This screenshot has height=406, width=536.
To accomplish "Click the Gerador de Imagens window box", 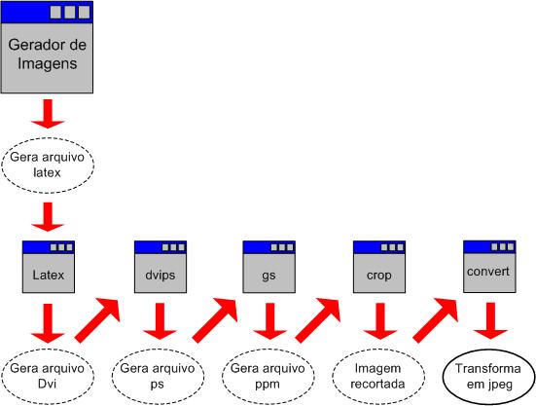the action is click(x=47, y=47).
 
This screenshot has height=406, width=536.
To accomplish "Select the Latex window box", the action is click(x=49, y=267).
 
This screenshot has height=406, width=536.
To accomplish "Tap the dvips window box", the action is click(x=161, y=267).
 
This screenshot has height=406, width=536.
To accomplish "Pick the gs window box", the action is click(x=269, y=267).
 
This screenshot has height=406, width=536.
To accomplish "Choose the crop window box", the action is click(x=379, y=267).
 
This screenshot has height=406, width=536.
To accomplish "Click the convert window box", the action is click(x=489, y=267).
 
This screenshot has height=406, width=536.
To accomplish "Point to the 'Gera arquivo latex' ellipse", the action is click(x=48, y=166).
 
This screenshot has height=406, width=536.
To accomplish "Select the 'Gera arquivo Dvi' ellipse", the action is click(x=48, y=377).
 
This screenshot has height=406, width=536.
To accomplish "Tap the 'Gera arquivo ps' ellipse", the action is click(x=158, y=377).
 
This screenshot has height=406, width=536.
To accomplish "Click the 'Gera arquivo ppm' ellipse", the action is click(x=268, y=377).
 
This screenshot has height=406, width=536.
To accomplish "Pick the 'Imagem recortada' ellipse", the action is click(x=378, y=377).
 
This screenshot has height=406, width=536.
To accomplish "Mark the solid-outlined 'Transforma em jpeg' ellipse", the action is click(x=489, y=377).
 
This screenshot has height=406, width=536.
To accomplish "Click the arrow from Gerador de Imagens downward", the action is click(x=48, y=114).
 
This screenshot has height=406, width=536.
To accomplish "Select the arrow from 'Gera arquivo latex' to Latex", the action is click(x=48, y=217).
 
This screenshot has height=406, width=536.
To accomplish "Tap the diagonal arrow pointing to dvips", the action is click(x=97, y=319).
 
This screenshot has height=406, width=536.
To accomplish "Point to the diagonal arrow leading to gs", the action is click(x=215, y=319).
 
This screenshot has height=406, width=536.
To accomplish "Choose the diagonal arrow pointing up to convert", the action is click(x=436, y=319).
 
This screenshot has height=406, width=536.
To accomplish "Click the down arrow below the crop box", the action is click(x=380, y=321).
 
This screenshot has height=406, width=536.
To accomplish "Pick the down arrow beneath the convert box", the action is click(x=490, y=321).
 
